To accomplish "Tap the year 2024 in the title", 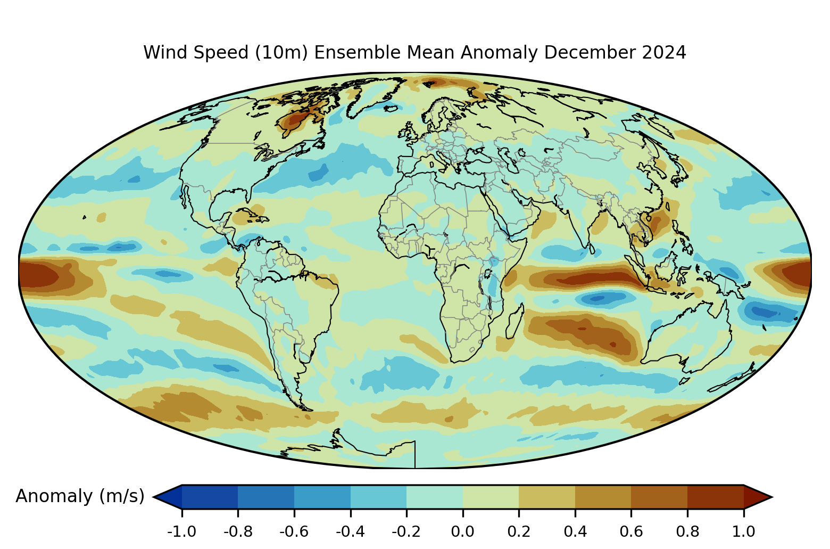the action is point(664,52).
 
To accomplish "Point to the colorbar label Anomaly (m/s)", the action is point(80,496).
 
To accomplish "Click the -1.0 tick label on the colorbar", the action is point(181,531).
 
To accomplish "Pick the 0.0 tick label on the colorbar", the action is point(462,531).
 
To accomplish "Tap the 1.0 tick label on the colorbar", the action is point(744,531).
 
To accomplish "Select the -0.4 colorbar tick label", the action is point(350,531).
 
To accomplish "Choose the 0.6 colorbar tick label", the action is point(631,531).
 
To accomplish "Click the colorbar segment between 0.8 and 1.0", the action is point(716,497).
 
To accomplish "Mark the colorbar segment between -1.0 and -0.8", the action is point(210,497).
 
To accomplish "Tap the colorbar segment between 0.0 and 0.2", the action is point(491,497).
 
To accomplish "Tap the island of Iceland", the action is point(392,108).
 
